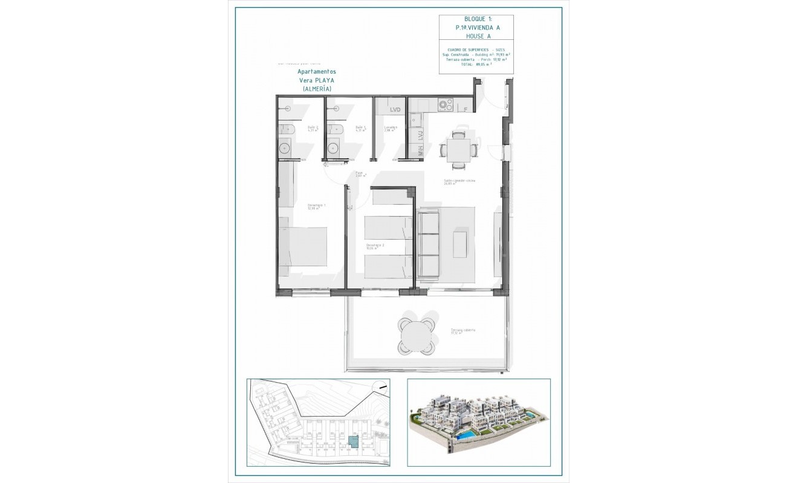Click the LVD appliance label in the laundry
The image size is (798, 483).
pos(395,109)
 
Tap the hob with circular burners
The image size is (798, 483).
pos(446,105)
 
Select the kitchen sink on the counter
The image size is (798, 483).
pos(416,120)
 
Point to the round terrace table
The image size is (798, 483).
pos(416,336)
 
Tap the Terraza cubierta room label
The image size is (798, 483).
pos(462,330)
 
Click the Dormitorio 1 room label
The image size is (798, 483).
pos(316,206)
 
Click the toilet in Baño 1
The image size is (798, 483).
pos(332,129)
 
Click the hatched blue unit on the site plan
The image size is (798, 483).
pos(352,441)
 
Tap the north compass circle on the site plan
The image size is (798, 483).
pos(380,388)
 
